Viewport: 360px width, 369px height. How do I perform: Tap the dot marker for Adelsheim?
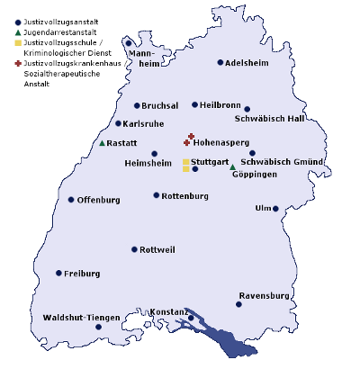(x=220, y=63)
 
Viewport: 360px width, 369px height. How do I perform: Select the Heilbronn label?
(x=221, y=104)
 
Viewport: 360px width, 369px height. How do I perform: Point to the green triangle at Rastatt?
(x=103, y=143)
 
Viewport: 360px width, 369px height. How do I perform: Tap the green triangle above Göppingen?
(x=232, y=166)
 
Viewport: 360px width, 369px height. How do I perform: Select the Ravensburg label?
(x=264, y=295)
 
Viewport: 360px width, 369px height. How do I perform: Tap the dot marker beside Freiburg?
(x=59, y=273)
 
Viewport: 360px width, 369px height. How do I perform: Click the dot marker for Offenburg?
(x=71, y=200)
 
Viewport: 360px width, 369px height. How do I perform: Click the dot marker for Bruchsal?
(x=137, y=105)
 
